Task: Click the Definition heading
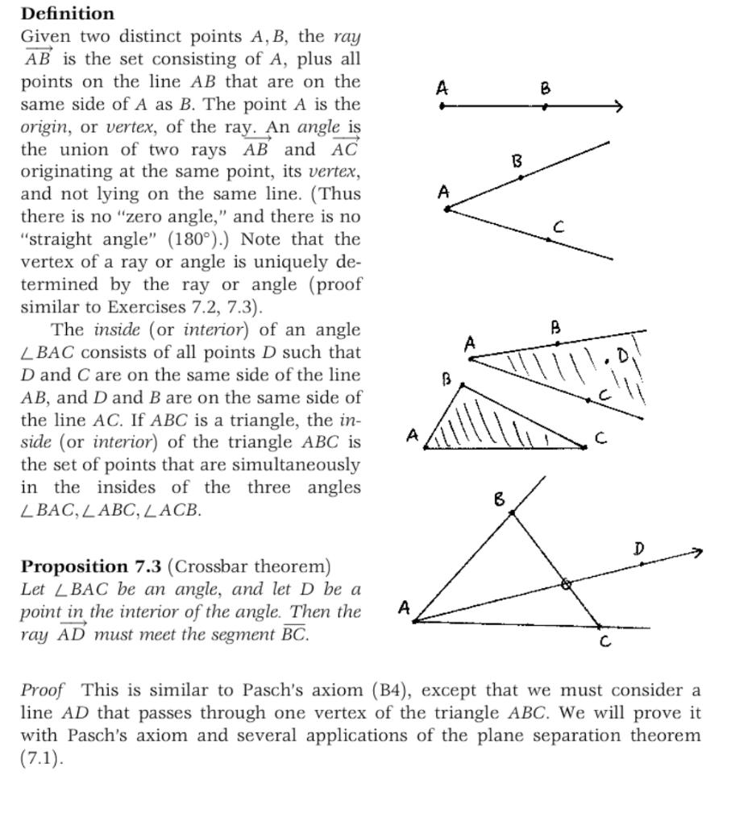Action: [x=68, y=14]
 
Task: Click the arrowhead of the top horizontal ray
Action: [x=618, y=106]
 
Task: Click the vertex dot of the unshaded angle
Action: [x=448, y=209]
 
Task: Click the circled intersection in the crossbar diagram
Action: [x=566, y=585]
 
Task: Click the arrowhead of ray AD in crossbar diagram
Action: [x=697, y=552]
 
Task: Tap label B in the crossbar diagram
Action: [x=499, y=500]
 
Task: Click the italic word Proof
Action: [x=43, y=690]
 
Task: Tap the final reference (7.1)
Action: [x=39, y=758]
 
